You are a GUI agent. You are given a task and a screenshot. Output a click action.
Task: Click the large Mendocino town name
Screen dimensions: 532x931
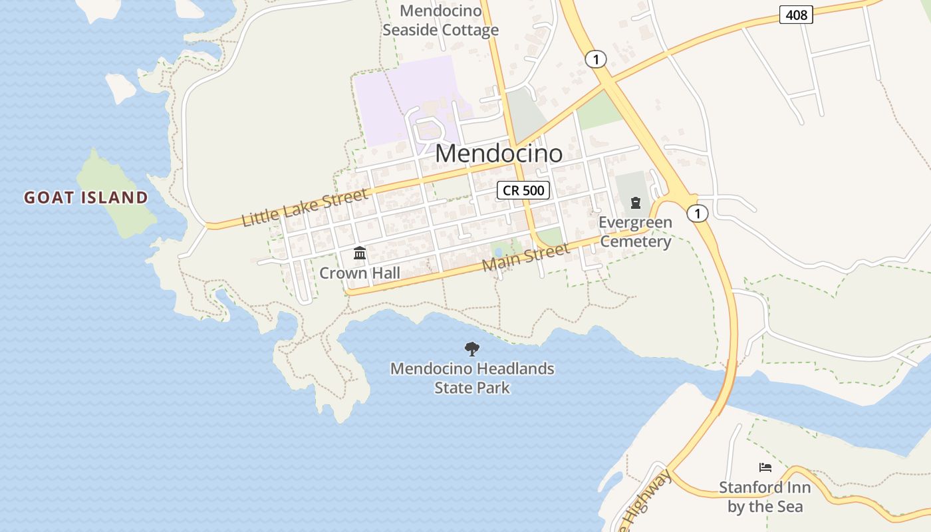coord(499,154)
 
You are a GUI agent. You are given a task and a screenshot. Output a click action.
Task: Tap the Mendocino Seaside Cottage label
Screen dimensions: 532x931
coord(440,21)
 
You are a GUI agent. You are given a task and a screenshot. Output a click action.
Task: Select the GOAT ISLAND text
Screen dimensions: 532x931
coord(86,198)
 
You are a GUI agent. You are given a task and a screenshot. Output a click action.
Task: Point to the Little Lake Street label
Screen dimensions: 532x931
coord(305,207)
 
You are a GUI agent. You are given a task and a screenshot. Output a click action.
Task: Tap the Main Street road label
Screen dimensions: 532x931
coord(525,257)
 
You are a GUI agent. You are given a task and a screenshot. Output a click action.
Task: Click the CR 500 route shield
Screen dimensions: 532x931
coord(523,191)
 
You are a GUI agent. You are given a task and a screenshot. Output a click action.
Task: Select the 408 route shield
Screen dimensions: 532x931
coord(795,15)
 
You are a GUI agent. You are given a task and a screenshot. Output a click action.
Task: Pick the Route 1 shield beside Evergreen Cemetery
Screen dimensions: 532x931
coord(697,213)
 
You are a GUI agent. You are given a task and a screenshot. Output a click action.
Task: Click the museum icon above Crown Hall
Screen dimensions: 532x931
coord(360,253)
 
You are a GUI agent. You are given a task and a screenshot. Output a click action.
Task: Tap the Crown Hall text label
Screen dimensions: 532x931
coord(360,273)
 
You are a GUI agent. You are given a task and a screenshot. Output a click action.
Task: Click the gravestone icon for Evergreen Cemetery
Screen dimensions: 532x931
coord(635,202)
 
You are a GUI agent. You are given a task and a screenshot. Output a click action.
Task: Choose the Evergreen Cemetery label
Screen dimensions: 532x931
coord(635,231)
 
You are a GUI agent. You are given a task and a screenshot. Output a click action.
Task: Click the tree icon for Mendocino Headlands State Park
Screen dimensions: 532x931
coord(471,348)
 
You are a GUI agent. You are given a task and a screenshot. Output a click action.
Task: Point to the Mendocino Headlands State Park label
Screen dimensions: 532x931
coord(472,378)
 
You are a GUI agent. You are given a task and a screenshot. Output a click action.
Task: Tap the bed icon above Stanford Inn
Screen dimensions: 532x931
coord(765,467)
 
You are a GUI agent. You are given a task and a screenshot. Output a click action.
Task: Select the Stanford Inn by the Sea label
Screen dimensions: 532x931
coord(765,497)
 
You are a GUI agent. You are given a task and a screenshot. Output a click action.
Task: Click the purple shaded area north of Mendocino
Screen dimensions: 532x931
coord(399,100)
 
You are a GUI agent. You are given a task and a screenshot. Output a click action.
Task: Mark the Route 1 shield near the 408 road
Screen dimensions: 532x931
coord(596,59)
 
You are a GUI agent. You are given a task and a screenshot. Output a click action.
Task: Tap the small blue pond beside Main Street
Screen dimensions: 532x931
coord(498,252)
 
